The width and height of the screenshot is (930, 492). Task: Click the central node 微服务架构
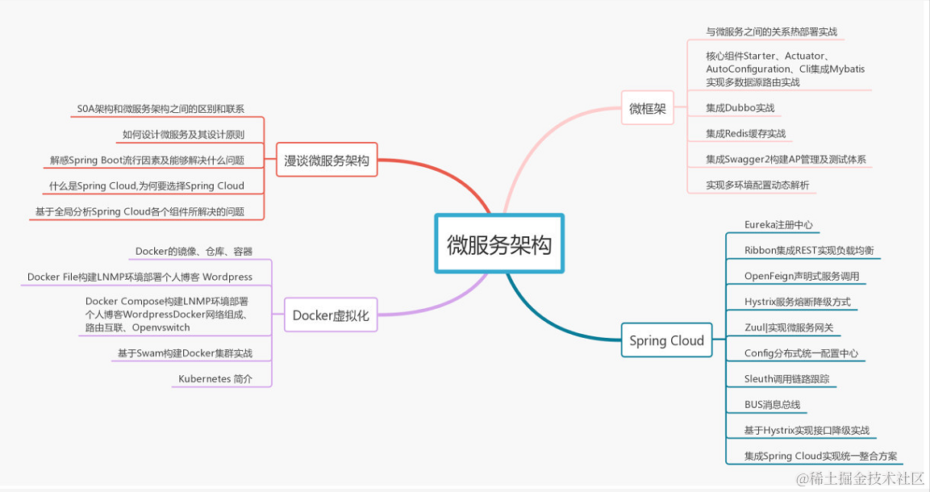click(499, 244)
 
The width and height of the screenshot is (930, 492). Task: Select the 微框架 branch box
click(648, 109)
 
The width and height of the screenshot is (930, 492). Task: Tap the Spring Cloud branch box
click(666, 340)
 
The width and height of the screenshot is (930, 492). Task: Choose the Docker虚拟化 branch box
click(331, 315)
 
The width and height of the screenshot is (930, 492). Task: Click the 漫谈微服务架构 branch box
click(327, 161)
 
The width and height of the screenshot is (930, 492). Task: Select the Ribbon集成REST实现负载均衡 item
click(809, 250)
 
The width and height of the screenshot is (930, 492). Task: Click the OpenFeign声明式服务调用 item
click(802, 276)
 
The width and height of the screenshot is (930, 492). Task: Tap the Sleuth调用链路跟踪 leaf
click(786, 378)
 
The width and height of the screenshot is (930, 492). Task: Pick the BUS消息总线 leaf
click(772, 404)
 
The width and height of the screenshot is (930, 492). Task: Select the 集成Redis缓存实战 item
click(745, 133)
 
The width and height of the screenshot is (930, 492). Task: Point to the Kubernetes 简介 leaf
click(215, 378)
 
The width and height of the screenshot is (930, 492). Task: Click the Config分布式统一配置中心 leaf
click(801, 352)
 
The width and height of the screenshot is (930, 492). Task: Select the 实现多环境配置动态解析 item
click(757, 185)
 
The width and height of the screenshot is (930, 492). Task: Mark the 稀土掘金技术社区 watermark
click(861, 478)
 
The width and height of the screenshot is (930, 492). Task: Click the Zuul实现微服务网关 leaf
click(789, 327)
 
